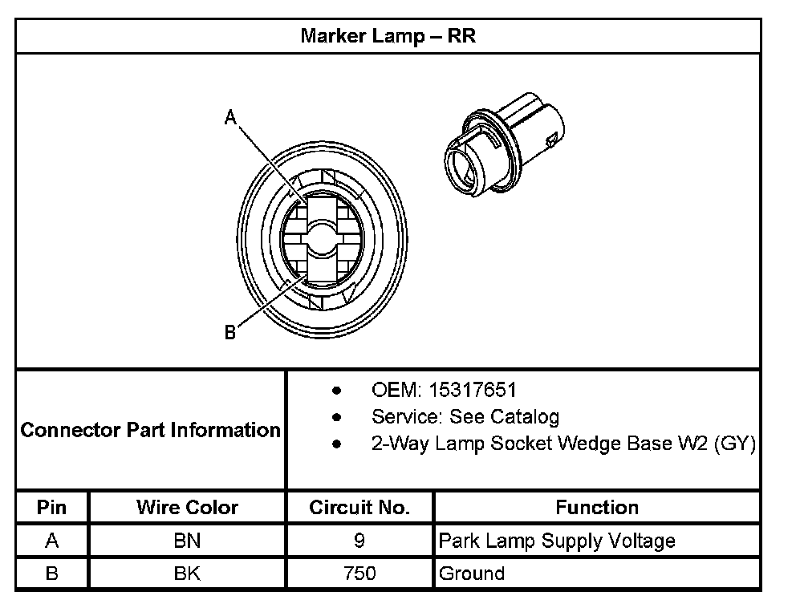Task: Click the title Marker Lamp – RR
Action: click(388, 36)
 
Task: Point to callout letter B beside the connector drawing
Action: click(230, 332)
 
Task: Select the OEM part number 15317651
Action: click(473, 391)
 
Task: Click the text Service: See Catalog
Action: click(465, 417)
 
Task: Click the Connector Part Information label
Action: click(150, 430)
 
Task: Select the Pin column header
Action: click(52, 508)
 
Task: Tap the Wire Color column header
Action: click(187, 508)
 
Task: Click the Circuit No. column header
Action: click(359, 508)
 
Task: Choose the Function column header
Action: click(597, 508)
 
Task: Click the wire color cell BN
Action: click(187, 541)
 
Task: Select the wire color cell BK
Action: click(187, 574)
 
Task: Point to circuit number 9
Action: click(359, 541)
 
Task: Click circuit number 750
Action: click(359, 574)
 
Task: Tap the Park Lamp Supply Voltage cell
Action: click(557, 541)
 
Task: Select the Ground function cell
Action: click(472, 574)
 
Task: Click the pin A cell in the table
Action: click(52, 541)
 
